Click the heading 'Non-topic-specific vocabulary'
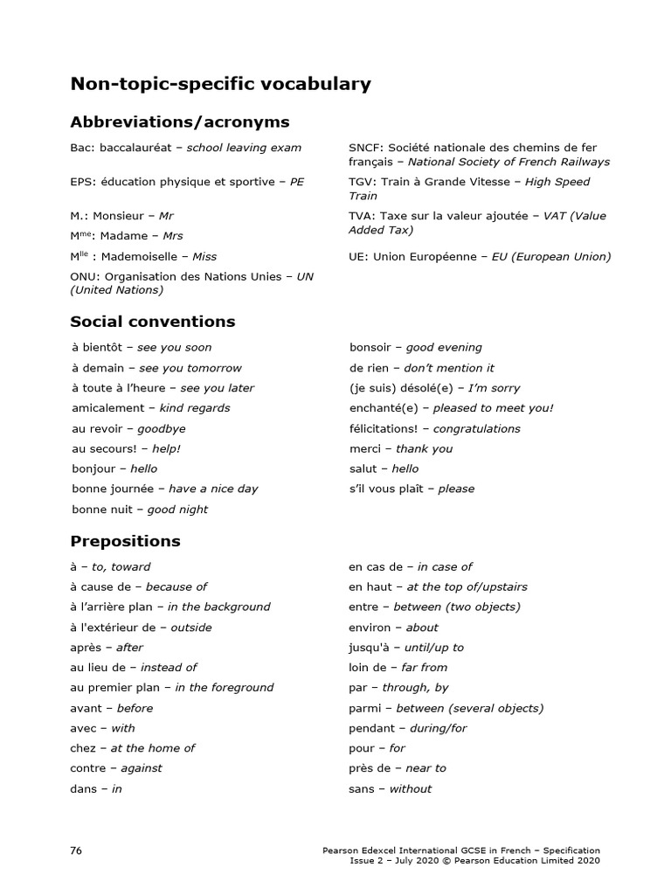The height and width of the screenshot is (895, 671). tap(220, 85)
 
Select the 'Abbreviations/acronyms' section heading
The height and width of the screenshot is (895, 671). tap(179, 121)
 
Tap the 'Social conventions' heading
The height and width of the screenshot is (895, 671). tap(153, 322)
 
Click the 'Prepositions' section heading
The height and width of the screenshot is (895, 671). tap(125, 541)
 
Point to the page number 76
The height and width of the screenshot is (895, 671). tap(77, 850)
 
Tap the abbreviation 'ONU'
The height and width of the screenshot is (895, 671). tap(84, 276)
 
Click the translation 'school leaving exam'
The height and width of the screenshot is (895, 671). tap(244, 148)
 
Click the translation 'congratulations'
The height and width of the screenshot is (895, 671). tap(476, 428)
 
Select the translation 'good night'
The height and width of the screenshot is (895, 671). tap(177, 510)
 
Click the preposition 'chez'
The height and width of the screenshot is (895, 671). tap(83, 748)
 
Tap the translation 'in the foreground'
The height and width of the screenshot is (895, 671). tap(224, 687)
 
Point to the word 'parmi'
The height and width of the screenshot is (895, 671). tap(364, 708)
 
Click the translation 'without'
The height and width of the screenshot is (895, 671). tap(410, 788)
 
